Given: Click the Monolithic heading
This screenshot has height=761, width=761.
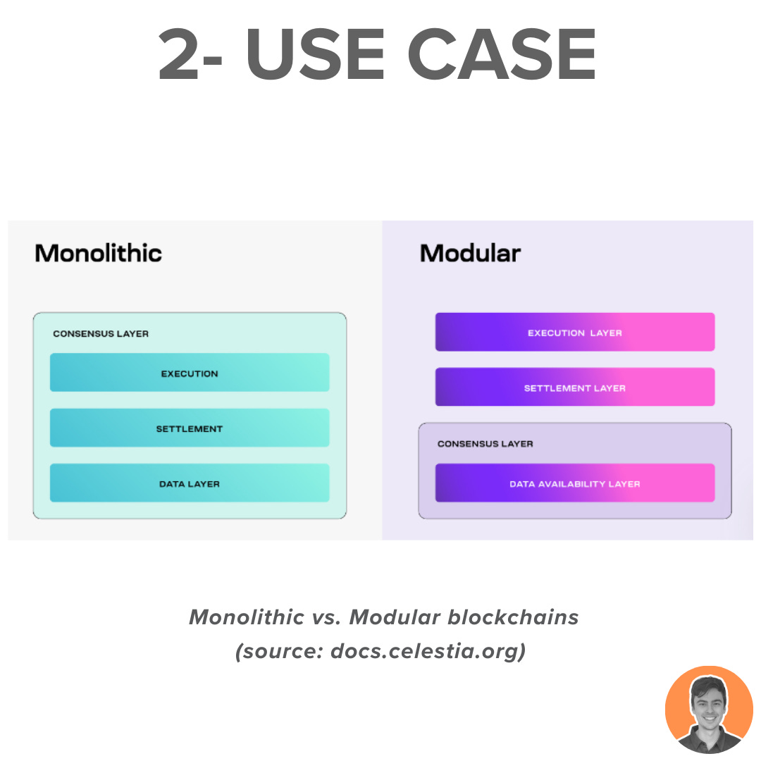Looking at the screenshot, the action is pyautogui.click(x=99, y=253).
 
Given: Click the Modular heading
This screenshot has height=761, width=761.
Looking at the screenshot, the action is pyautogui.click(x=470, y=253).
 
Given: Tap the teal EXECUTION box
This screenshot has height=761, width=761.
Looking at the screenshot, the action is pyautogui.click(x=190, y=373).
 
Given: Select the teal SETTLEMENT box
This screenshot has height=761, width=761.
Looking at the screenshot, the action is pyautogui.click(x=190, y=428).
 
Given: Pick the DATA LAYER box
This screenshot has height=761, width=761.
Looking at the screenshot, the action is pyautogui.click(x=190, y=483).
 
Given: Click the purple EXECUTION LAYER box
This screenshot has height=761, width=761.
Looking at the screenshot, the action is pyautogui.click(x=575, y=332).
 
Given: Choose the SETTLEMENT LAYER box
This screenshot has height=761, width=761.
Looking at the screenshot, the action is pyautogui.click(x=575, y=388).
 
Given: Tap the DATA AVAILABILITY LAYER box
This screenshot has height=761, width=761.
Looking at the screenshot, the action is pyautogui.click(x=575, y=483).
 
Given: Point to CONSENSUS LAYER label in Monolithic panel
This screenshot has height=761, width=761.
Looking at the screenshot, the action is pyautogui.click(x=101, y=333).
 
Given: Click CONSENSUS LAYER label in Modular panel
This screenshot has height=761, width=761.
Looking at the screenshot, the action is pyautogui.click(x=485, y=444).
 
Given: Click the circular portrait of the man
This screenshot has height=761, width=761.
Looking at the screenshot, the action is pyautogui.click(x=709, y=710).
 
